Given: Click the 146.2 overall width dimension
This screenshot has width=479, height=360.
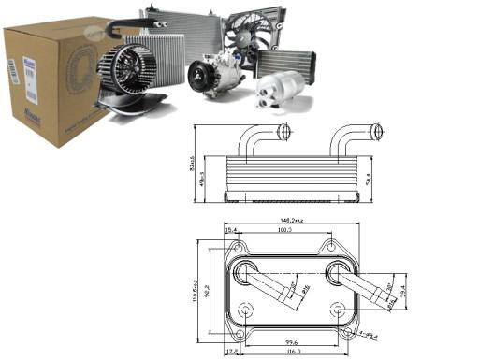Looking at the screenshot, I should click(x=285, y=221).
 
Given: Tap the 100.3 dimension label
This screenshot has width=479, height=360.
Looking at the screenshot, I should click(x=284, y=229).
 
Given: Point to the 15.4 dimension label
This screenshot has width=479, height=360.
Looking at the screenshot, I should click(x=231, y=229).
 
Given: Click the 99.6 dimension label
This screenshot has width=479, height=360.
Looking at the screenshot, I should click(x=290, y=342).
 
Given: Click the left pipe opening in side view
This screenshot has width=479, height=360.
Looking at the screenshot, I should click(x=283, y=129).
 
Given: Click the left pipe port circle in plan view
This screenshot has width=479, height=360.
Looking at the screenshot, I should click(x=244, y=274).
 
